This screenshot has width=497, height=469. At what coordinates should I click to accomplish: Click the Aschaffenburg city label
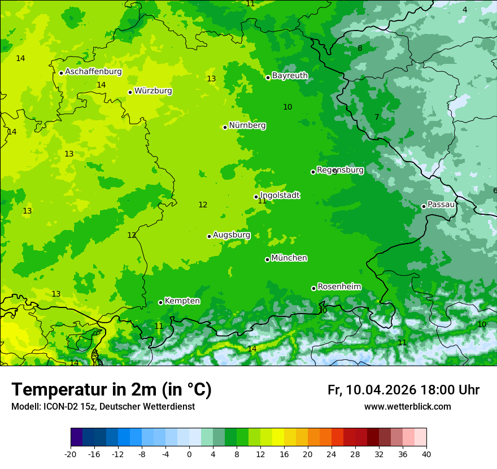coord(93,72)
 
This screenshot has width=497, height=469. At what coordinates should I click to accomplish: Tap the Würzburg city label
coord(153,91)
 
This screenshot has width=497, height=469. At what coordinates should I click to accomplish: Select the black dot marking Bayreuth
coord(268,77)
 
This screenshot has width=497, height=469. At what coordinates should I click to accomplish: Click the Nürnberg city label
coord(247,125)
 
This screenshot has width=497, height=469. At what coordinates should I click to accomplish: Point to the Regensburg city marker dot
coord(313,172)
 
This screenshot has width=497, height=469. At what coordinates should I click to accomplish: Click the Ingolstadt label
coord(280,196)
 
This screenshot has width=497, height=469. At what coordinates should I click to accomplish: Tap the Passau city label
coord(441,205)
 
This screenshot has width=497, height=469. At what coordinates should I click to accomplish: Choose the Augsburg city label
coord(232,235)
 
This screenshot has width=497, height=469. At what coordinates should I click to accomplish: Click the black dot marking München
coord(267,259)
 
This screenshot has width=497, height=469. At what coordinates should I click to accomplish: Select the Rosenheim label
coord(339,287)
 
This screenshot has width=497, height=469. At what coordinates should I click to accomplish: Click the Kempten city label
coord(182,301)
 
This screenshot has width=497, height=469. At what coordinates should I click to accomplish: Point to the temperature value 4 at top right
coord(465,10)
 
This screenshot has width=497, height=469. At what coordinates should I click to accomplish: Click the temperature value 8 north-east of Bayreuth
coord(360,48)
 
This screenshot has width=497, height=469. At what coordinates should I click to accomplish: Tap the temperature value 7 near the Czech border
coord(377,118)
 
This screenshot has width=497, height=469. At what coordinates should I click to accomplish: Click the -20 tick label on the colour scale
coord(71,454)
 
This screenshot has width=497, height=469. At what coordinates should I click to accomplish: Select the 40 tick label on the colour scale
coord(426,454)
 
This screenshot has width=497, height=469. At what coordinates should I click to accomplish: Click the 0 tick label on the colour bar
coord(189,454)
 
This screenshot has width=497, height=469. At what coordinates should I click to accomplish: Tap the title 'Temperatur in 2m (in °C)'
coord(111,390)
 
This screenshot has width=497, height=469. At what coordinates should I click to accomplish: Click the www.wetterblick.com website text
coord(407,407)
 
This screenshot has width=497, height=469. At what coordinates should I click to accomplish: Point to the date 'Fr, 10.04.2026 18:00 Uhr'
coord(403,390)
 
